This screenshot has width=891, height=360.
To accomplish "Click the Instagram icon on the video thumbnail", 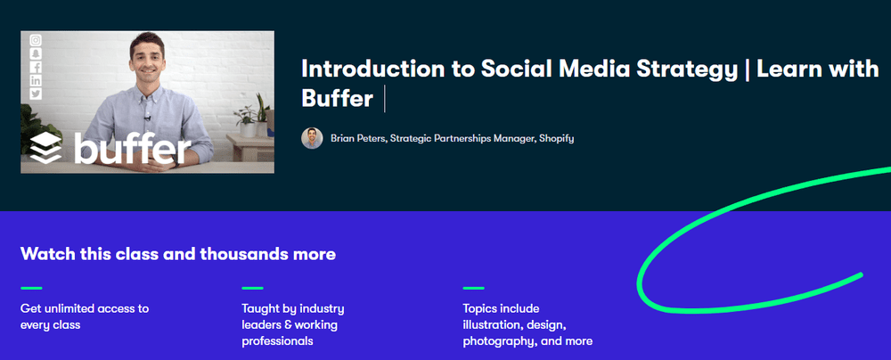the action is pos(36,40).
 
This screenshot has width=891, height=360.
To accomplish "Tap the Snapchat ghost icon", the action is pos(36,54).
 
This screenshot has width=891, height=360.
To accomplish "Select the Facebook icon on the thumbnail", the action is pos(36,67).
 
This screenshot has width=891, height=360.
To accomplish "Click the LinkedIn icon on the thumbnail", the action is pos(36,80).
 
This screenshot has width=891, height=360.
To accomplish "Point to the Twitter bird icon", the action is pos(36,94).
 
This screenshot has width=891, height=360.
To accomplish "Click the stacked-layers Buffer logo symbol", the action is pos(46,149).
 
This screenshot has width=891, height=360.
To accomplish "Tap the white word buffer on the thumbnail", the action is pos(133,147).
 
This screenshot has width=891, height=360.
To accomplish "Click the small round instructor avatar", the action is pos(312,138).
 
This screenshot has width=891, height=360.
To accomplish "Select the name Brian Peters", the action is pos(357,138).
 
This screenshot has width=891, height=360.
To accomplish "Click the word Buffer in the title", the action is pos(337,98).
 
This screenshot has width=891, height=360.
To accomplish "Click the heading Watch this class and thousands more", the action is pos(178,254).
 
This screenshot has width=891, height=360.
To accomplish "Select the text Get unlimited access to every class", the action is pos(85,316).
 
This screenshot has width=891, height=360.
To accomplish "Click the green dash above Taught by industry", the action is pos(252,289).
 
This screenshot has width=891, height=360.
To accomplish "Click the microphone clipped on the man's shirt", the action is pos(147,118).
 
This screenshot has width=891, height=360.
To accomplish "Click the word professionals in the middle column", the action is pos(277,342).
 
